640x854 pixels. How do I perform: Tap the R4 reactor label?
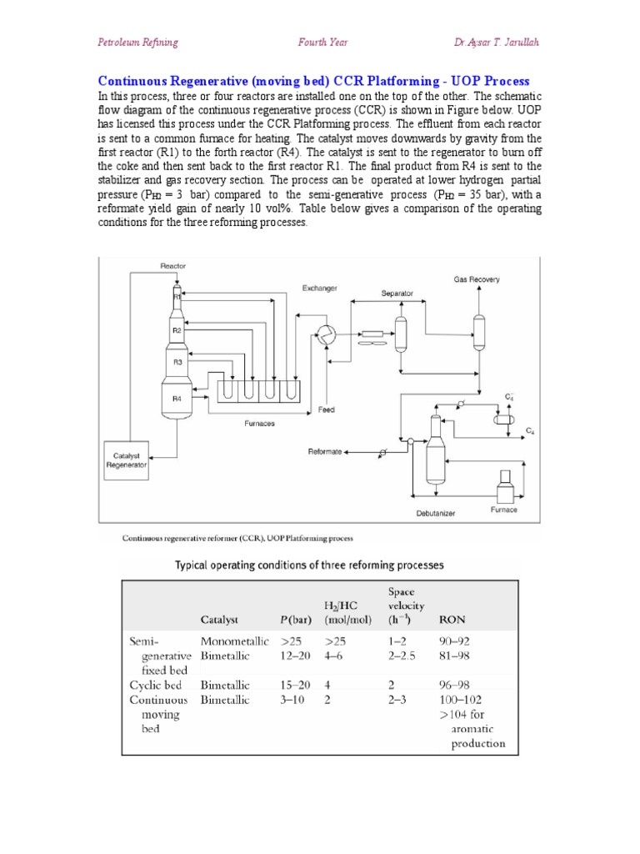click(177, 399)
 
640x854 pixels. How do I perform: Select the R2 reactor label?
click(177, 330)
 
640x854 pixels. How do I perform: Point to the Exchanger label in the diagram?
click(320, 289)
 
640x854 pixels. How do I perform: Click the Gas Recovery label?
click(477, 279)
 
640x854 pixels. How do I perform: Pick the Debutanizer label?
click(435, 514)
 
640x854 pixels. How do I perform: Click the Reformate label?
click(325, 452)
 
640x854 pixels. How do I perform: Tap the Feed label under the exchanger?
click(327, 410)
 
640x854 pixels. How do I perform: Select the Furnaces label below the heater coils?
click(259, 424)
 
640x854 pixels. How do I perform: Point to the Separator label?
click(397, 294)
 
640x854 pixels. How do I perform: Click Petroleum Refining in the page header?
click(137, 43)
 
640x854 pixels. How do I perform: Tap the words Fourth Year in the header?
click(322, 43)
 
